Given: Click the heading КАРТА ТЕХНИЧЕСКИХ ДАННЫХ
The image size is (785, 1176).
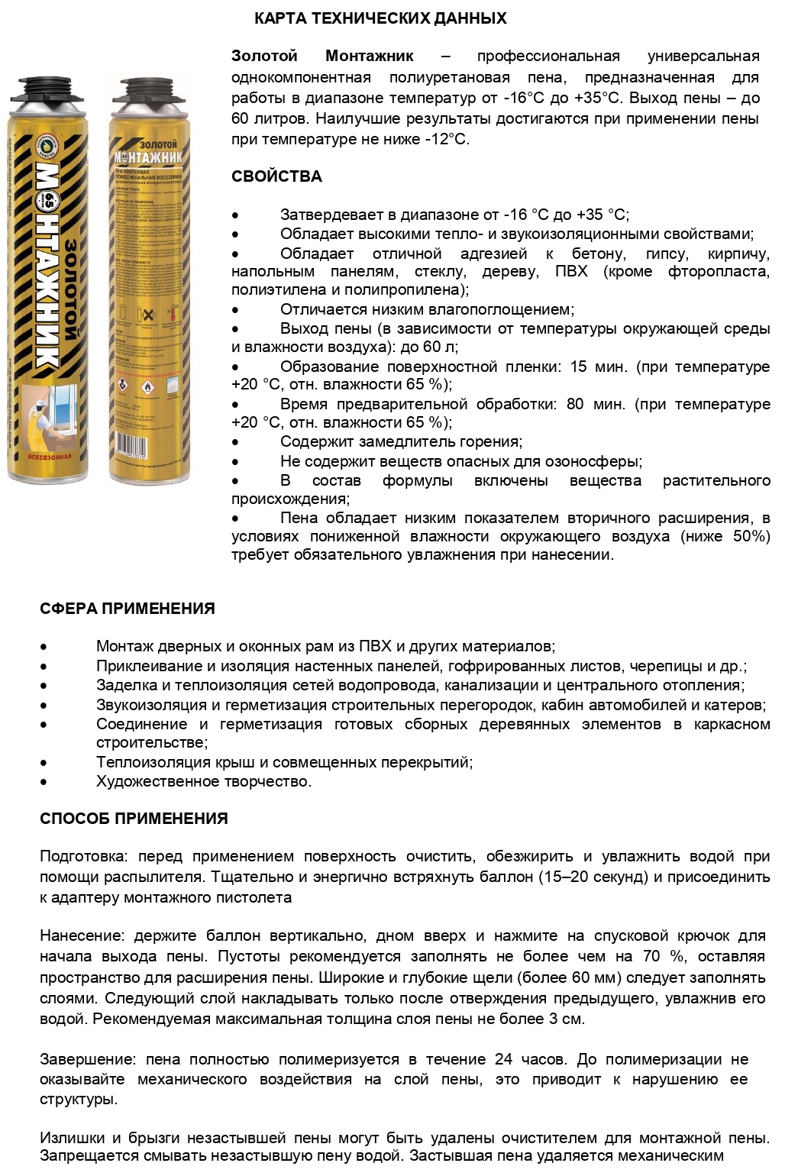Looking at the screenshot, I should pos(380,18).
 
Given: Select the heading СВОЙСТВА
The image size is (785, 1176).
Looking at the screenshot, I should pos(276,176).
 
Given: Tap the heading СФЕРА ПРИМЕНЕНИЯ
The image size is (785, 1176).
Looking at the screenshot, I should pos(128,609).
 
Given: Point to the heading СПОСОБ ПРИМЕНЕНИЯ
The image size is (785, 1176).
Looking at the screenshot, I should pos(134,819).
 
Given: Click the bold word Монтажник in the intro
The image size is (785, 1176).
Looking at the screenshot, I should pos(370,56).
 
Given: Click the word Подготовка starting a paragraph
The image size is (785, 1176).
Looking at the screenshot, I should pos(83,857).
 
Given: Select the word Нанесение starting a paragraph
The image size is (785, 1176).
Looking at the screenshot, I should pos(82,936).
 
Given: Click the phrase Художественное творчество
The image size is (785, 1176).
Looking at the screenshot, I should pos(204,781).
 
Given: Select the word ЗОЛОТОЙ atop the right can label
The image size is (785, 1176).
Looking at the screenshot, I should pos(158,144).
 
